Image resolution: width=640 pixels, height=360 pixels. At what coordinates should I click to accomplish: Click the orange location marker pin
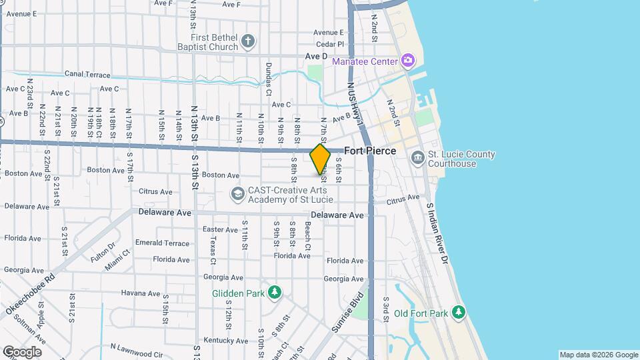pyautogui.click(x=320, y=159)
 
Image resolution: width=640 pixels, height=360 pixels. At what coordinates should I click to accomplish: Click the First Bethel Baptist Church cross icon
pyautogui.click(x=247, y=42)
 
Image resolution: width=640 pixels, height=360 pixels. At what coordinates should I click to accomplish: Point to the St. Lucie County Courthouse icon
pyautogui.click(x=418, y=158)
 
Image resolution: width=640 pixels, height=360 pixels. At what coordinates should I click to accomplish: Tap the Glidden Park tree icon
pyautogui.click(x=274, y=293)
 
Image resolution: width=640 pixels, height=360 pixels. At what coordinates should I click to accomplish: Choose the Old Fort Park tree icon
pyautogui.click(x=457, y=312)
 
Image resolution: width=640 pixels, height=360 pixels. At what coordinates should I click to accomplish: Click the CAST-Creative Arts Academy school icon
pyautogui.click(x=237, y=194)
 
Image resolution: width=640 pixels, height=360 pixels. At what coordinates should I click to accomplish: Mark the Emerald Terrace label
pyautogui.click(x=162, y=243)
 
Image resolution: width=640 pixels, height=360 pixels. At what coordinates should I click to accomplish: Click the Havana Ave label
pyautogui.click(x=141, y=293)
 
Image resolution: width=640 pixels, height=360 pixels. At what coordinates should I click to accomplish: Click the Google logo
pyautogui.click(x=21, y=351)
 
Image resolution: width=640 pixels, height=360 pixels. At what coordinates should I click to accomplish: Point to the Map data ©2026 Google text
pyautogui.click(x=599, y=355)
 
